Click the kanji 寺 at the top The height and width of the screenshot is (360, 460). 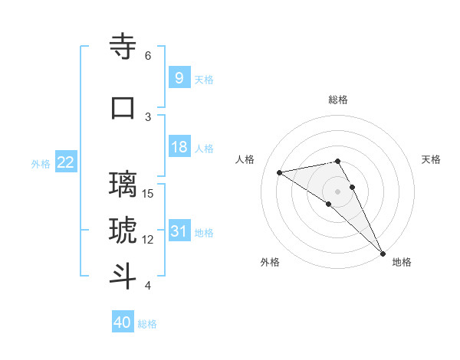tap(123, 47)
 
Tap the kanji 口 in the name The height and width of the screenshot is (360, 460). tap(123, 107)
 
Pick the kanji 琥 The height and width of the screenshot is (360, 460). tap(123, 230)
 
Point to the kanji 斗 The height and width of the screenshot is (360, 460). tap(123, 276)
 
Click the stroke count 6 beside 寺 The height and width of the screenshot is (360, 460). tap(148, 56)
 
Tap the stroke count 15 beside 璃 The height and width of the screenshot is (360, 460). tap(149, 193)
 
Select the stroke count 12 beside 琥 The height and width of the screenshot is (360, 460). tap(149, 240)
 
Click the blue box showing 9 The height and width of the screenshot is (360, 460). tap(179, 78)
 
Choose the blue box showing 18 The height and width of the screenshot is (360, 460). tap(179, 147)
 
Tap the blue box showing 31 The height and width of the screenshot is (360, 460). tap(179, 231)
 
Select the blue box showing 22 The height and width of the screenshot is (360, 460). tap(65, 162)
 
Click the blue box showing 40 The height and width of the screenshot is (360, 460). tap(122, 322)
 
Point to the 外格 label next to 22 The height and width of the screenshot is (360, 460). tap(41, 163)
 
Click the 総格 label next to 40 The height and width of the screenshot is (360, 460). tap(147, 324)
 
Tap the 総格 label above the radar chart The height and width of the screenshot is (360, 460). tap(338, 100)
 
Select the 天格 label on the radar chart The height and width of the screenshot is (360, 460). tap(432, 159)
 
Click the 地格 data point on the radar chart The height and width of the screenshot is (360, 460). tap(383, 254)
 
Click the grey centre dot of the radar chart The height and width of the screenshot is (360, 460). tap(338, 191)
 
